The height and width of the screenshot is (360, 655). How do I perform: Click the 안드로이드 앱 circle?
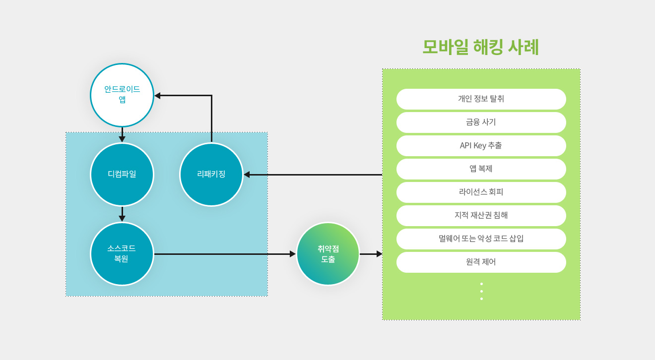(x=122, y=95)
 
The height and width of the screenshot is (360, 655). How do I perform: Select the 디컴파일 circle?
(x=122, y=175)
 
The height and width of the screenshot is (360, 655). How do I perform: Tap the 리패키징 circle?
(x=211, y=175)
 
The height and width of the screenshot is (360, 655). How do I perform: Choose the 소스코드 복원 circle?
(x=122, y=254)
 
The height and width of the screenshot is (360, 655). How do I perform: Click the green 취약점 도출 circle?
(x=328, y=254)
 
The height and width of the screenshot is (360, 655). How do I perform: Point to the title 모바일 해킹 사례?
(x=480, y=48)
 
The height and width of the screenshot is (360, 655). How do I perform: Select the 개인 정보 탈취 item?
(x=481, y=99)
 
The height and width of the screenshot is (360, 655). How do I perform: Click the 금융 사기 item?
(x=481, y=122)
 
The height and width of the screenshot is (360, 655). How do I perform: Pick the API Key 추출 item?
(x=481, y=146)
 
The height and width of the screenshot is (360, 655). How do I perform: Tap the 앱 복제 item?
(x=481, y=169)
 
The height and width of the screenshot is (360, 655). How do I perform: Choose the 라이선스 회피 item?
(x=481, y=192)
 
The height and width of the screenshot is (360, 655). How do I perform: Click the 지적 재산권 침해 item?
(x=481, y=216)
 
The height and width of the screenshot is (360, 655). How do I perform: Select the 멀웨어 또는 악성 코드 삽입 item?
(x=481, y=239)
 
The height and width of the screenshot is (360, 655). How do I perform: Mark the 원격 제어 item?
(x=481, y=262)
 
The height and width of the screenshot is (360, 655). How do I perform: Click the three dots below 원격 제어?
(x=481, y=291)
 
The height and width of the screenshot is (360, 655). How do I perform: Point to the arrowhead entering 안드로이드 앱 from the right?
(x=157, y=96)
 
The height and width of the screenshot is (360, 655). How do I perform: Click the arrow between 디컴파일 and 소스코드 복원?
(x=122, y=214)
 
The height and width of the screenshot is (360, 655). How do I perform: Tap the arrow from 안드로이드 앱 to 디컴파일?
(x=122, y=135)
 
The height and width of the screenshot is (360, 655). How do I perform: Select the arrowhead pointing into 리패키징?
(x=247, y=175)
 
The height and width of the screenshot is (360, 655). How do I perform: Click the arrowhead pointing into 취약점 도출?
(x=293, y=254)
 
